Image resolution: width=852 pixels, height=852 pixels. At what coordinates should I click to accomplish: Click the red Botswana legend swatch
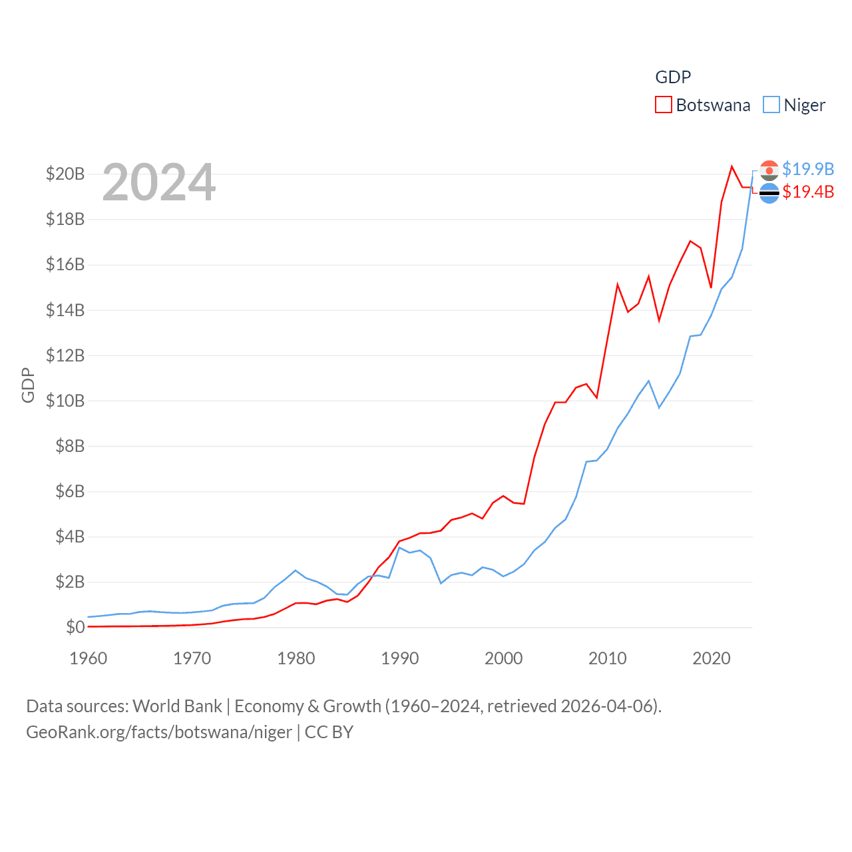pyautogui.click(x=663, y=105)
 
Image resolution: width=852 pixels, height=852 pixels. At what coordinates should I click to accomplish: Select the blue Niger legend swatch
pyautogui.click(x=771, y=105)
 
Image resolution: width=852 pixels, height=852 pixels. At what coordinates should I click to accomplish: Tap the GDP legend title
pyautogui.click(x=673, y=77)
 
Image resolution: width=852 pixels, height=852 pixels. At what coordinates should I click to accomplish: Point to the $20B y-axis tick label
pyautogui.click(x=65, y=174)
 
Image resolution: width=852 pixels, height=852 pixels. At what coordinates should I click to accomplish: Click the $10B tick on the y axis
pyautogui.click(x=65, y=401)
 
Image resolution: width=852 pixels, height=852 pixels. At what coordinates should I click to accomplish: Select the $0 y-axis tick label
pyautogui.click(x=75, y=627)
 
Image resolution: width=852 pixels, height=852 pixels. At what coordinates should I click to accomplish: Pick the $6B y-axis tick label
pyautogui.click(x=70, y=491)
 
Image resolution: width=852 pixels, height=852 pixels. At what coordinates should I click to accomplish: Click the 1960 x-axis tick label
pyautogui.click(x=89, y=658)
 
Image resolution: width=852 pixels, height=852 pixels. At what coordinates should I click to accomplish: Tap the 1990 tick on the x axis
pyautogui.click(x=400, y=658)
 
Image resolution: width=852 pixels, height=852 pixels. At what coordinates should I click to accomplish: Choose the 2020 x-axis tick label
pyautogui.click(x=712, y=658)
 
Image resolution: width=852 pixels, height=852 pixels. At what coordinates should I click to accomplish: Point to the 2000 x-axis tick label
pyautogui.click(x=504, y=658)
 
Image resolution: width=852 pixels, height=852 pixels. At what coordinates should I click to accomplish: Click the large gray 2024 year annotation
pyautogui.click(x=159, y=182)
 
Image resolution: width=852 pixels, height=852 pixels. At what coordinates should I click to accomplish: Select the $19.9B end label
pyautogui.click(x=808, y=169)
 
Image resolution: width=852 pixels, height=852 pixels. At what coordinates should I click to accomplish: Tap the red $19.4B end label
pyautogui.click(x=808, y=192)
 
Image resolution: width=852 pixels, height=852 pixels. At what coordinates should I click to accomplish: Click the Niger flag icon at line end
pyautogui.click(x=769, y=170)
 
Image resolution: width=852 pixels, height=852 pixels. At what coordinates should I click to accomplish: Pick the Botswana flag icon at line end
pyautogui.click(x=769, y=193)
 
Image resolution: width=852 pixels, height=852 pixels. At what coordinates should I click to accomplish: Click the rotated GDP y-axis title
pyautogui.click(x=28, y=385)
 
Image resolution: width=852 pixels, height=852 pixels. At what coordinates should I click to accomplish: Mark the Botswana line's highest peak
pyautogui.click(x=732, y=166)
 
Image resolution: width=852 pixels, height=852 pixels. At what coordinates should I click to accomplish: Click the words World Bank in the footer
pyautogui.click(x=177, y=706)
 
